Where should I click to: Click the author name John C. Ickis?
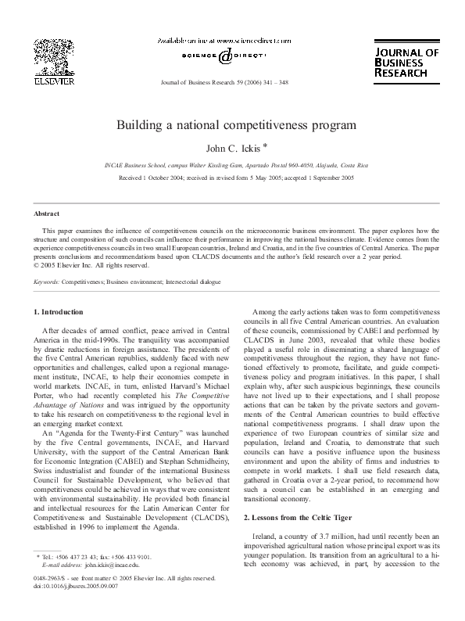(233, 146)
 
